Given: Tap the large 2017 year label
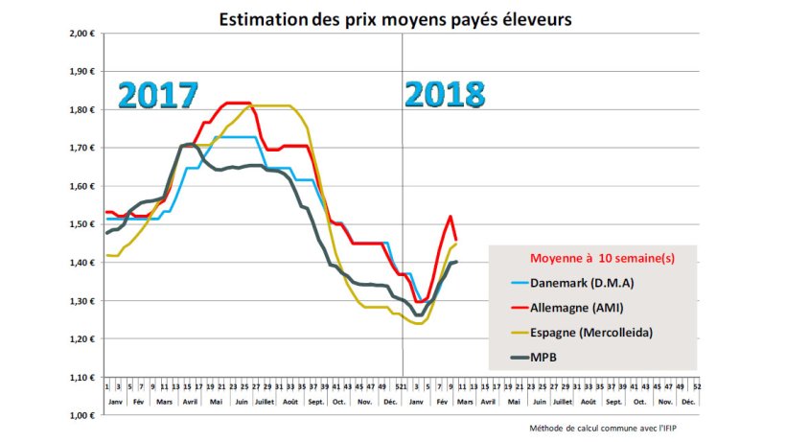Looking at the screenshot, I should point(157,96).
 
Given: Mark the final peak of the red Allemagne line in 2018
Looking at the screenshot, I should point(450,217).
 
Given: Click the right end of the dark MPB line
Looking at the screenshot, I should point(456,262).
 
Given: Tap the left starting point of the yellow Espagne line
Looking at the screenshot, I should point(107,255).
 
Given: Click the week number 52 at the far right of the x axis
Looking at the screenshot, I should point(697,385).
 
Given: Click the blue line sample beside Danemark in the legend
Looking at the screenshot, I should point(518,284).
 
